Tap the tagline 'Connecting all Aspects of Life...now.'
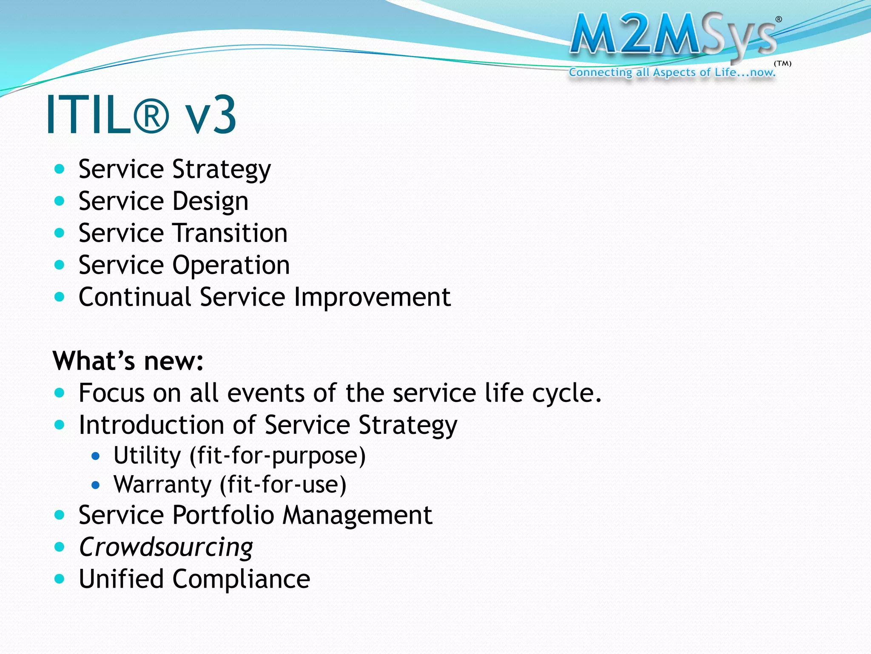[x=672, y=72]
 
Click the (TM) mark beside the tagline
[x=783, y=64]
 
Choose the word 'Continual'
[x=134, y=297]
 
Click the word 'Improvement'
[x=372, y=297]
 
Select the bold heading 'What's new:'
[x=128, y=361]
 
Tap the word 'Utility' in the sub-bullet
[x=147, y=455]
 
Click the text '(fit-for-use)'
[x=283, y=485]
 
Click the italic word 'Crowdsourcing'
[x=166, y=547]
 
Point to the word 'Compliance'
[x=241, y=579]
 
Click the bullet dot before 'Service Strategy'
[x=60, y=169]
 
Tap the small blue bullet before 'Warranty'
[x=96, y=485]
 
